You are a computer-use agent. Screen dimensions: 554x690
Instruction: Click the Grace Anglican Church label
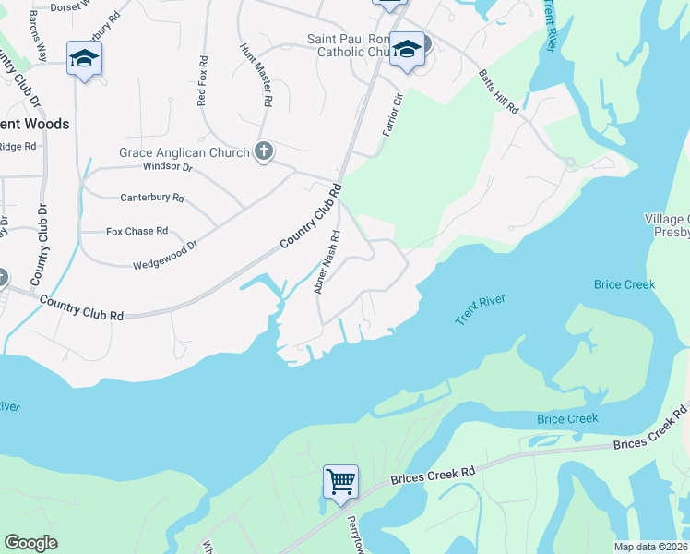184,152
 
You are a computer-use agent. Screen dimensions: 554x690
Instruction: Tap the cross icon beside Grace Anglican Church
264,151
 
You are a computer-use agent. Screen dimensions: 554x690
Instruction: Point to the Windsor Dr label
167,167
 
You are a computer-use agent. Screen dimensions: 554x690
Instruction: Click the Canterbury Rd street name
153,198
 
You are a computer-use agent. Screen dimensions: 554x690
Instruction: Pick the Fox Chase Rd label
137,231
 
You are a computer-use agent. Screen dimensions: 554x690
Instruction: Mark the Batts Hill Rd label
498,91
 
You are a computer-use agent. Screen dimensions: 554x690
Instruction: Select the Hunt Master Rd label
256,73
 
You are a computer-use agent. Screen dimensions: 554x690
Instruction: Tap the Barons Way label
37,37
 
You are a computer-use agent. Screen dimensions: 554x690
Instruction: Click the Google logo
30,543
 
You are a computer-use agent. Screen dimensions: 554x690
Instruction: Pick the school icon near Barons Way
85,58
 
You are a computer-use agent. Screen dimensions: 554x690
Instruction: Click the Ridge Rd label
17,146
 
